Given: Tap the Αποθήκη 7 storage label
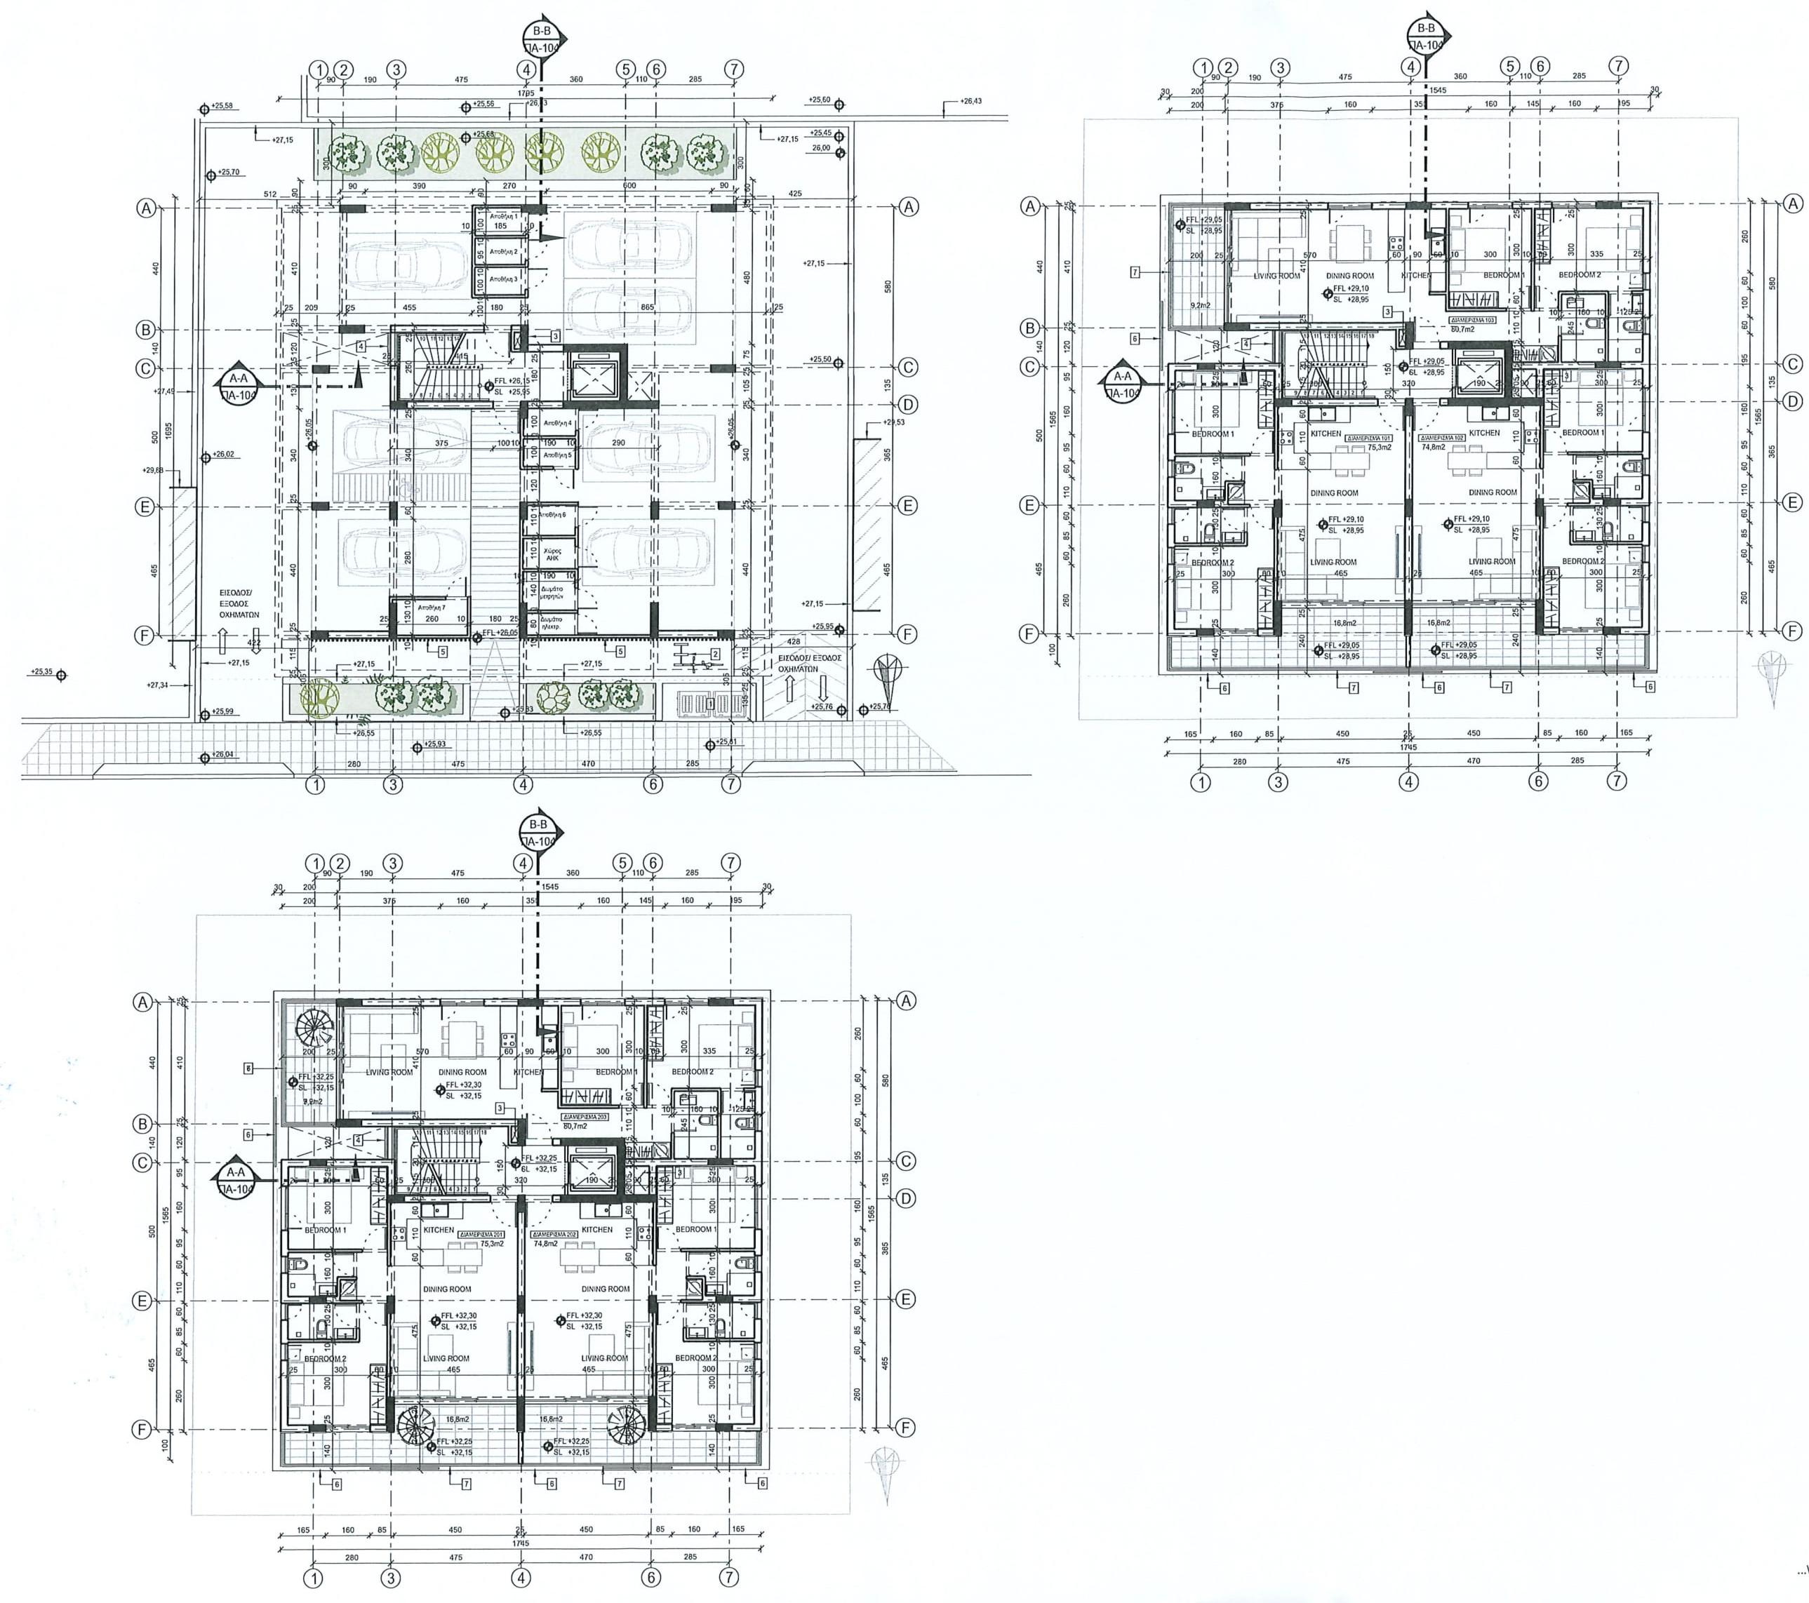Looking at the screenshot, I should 430,608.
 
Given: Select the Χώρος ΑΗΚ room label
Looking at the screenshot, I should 552,555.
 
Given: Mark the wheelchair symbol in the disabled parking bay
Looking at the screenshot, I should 402,485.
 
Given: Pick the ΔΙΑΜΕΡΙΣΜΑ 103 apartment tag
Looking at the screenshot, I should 1471,319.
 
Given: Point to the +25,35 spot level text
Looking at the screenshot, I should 41,672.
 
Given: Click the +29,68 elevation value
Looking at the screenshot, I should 152,471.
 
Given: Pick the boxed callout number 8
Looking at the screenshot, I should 248,1068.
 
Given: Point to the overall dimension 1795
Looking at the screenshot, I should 525,93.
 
